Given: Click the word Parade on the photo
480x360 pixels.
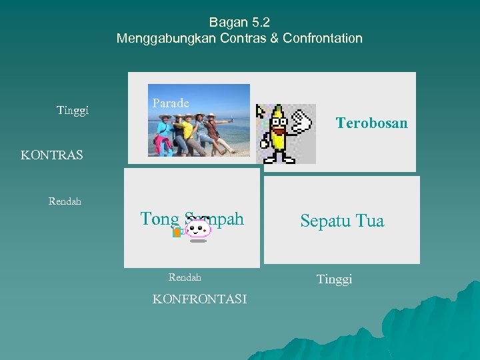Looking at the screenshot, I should click(x=171, y=103).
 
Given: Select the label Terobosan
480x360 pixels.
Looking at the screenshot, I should click(x=371, y=123).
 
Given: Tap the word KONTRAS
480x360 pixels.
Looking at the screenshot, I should click(x=52, y=155).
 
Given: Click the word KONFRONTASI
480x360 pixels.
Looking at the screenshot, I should click(x=199, y=299).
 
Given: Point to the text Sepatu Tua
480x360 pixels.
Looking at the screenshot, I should click(x=342, y=221).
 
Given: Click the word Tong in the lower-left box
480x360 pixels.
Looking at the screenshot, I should click(x=159, y=219).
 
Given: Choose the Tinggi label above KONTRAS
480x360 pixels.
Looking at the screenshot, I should click(x=73, y=110).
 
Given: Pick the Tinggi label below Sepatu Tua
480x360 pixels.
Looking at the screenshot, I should click(x=335, y=279).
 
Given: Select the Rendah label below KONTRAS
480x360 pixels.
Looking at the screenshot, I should click(x=65, y=201).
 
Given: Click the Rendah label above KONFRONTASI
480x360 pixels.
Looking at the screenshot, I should click(x=185, y=277).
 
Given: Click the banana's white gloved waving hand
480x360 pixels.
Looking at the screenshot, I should click(x=301, y=123).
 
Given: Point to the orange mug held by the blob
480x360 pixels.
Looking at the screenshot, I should click(x=177, y=232).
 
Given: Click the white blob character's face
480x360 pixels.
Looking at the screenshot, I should click(x=198, y=229).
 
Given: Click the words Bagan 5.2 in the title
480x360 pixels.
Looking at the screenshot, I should click(x=239, y=22).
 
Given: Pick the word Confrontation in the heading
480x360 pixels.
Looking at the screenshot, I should click(x=323, y=38).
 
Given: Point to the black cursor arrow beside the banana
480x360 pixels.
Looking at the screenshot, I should click(x=261, y=111).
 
